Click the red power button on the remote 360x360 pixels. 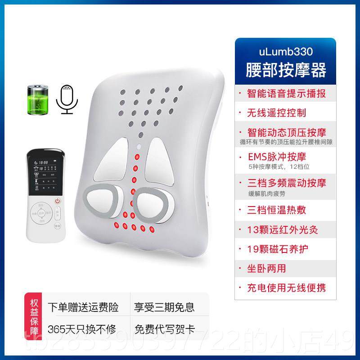(x=57, y=202)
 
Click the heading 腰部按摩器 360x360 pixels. (x=286, y=70)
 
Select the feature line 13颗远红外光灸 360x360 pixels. (x=283, y=229)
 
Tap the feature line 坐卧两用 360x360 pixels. (x=266, y=268)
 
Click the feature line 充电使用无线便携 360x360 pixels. (x=286, y=288)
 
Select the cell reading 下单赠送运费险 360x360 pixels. (x=83, y=308)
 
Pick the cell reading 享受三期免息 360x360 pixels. (x=164, y=308)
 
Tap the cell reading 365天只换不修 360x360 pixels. (x=83, y=329)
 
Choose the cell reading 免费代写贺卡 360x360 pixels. (x=164, y=329)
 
